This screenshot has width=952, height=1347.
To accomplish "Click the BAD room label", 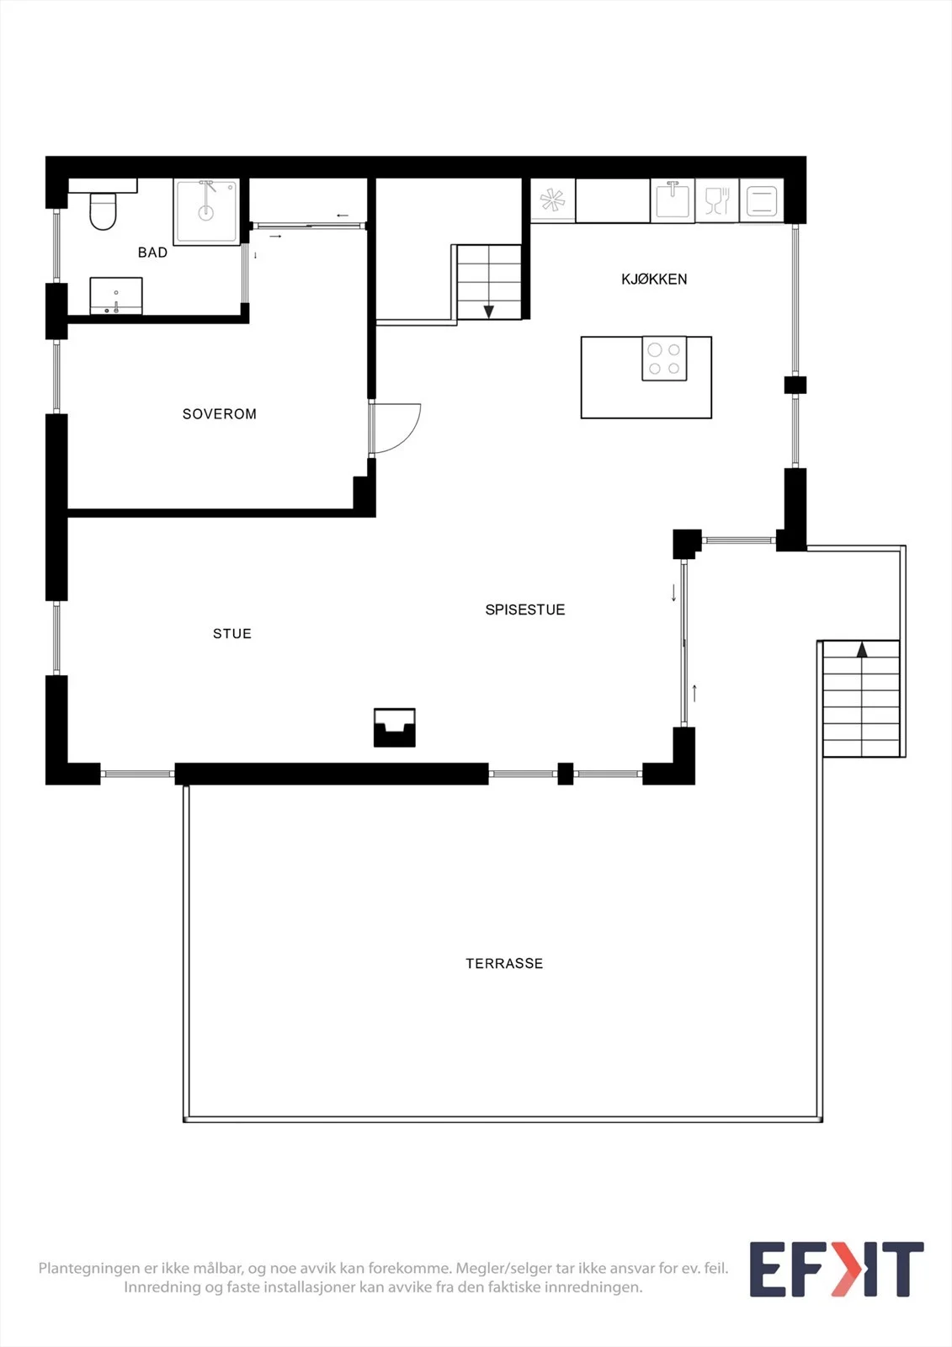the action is click(152, 253).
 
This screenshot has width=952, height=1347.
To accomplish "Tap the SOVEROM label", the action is click(220, 413).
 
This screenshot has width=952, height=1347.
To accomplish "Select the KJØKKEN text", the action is click(654, 279).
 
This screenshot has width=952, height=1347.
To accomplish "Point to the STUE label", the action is click(232, 633).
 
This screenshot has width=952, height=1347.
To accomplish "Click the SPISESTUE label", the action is click(525, 610).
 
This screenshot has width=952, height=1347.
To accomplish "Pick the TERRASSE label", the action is click(504, 963).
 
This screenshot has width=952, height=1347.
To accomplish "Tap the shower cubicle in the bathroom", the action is click(206, 211).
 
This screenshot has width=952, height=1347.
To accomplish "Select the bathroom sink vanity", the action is click(116, 295).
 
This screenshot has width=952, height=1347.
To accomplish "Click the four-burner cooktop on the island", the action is click(664, 359).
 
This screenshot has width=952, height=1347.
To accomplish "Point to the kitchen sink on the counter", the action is click(673, 201).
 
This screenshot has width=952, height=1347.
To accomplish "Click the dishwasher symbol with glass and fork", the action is click(717, 201).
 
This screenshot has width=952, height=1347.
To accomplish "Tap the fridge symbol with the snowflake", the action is click(553, 200).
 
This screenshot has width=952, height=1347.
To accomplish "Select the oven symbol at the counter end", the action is click(762, 201).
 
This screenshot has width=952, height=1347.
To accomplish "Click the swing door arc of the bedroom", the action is click(409, 437).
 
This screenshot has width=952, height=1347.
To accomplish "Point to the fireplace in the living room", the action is click(395, 727).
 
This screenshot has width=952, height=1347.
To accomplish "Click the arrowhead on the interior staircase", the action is click(489, 311).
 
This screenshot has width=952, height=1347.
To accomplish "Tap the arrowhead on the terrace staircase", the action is click(863, 649).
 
